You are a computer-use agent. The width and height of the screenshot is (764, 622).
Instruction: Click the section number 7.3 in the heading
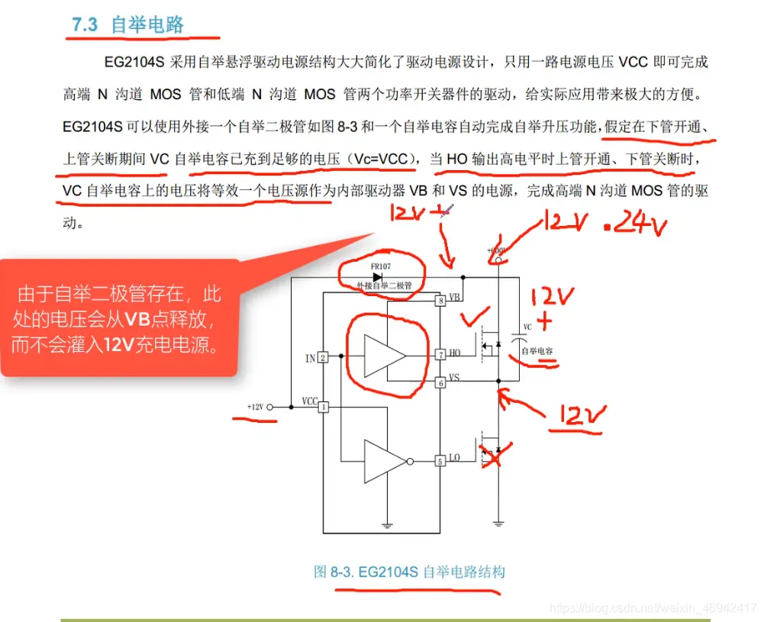coord(85,25)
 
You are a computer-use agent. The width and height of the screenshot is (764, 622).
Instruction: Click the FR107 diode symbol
coord(377,276)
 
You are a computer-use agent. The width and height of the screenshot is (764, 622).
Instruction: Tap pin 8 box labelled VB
coord(440,301)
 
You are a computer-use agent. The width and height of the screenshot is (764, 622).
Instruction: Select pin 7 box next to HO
coord(440,355)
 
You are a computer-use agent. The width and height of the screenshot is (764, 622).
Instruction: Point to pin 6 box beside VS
coord(440,382)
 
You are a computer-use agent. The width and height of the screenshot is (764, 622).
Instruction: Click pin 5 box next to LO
coord(440,461)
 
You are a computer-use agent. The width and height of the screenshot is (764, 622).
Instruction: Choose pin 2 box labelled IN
coord(323,357)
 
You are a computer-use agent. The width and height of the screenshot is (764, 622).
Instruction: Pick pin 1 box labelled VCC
coord(323,408)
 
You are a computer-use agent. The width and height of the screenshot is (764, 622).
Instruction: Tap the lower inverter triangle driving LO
coord(385,461)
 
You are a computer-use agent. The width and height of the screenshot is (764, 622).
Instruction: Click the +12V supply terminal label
coord(255,408)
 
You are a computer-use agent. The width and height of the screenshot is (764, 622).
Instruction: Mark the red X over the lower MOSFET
coord(496,456)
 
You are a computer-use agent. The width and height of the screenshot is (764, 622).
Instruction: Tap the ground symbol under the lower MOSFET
coord(498,524)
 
